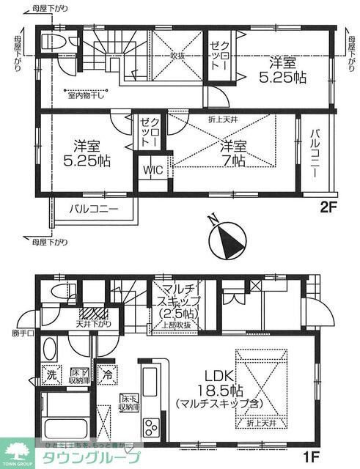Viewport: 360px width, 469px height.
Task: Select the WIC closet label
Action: (153, 171)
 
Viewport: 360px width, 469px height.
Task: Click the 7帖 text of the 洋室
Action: (233, 159)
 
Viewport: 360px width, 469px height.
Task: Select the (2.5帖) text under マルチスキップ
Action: (175, 314)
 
